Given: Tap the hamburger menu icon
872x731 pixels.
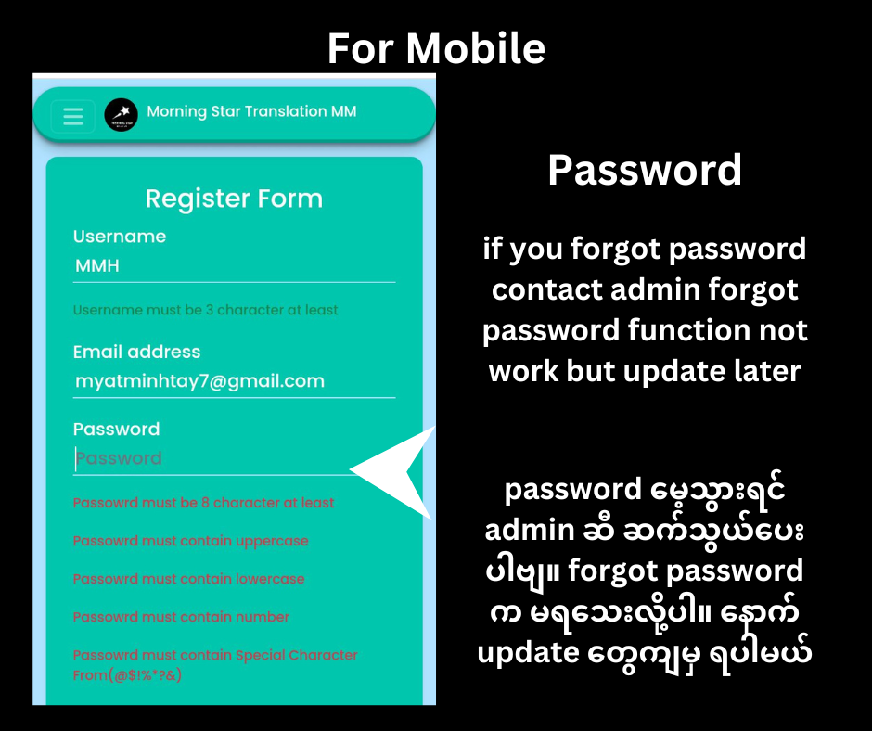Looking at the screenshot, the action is pyautogui.click(x=73, y=116).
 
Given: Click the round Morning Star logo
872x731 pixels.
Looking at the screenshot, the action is pyautogui.click(x=121, y=115).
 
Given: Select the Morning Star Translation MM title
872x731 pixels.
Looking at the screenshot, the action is pyautogui.click(x=251, y=112).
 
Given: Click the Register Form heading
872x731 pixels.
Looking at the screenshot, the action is pyautogui.click(x=234, y=199).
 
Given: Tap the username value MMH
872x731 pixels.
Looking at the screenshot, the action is pyautogui.click(x=97, y=265).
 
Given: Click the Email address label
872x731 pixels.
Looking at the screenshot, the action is pyautogui.click(x=136, y=352).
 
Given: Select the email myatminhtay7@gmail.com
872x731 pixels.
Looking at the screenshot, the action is pyautogui.click(x=199, y=381).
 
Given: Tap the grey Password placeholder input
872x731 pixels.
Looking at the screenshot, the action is pyautogui.click(x=119, y=458).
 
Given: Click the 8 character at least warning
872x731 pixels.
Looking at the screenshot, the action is pyautogui.click(x=203, y=503).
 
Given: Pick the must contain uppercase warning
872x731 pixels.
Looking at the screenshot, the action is pyautogui.click(x=191, y=541).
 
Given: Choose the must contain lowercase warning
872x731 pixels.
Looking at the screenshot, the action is pyautogui.click(x=188, y=579).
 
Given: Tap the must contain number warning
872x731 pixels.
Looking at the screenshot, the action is pyautogui.click(x=181, y=617).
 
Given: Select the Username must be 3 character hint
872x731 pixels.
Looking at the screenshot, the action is pyautogui.click(x=205, y=310).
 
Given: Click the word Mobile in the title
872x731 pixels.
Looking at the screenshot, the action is pyautogui.click(x=476, y=48).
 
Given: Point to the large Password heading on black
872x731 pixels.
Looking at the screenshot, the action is pyautogui.click(x=645, y=170).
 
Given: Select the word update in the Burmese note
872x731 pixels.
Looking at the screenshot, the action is pyautogui.click(x=529, y=654).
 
